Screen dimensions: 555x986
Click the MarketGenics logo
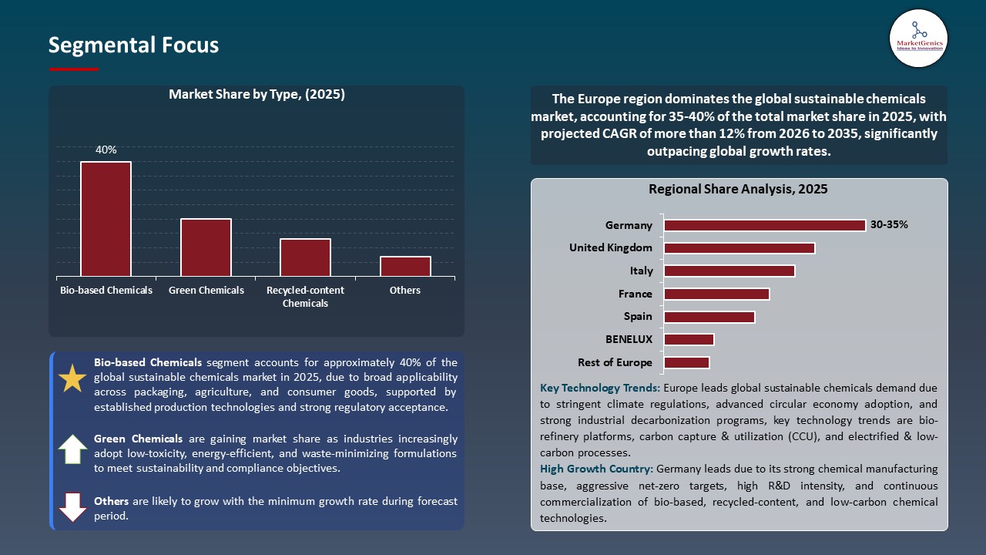918,38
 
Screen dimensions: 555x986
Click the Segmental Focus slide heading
133,45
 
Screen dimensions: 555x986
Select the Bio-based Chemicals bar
106,219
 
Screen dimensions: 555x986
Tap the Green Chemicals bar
206,247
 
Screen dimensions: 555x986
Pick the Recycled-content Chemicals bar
305,257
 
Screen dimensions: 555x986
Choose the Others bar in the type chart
405,266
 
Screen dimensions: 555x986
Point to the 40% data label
106,150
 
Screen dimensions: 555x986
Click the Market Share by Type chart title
257,95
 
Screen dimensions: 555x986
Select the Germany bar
764,225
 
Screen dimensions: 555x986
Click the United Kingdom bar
739,248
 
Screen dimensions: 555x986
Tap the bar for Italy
729,271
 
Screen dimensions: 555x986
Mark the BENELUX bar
689,339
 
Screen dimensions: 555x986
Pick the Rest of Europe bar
686,362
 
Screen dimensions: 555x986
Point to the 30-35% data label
889,225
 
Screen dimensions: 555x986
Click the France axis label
635,294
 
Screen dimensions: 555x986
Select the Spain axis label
637,316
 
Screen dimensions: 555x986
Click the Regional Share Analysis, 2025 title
738,189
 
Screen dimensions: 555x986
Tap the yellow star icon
73,378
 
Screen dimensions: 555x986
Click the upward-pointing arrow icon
73,449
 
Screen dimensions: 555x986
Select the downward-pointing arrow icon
73,507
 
